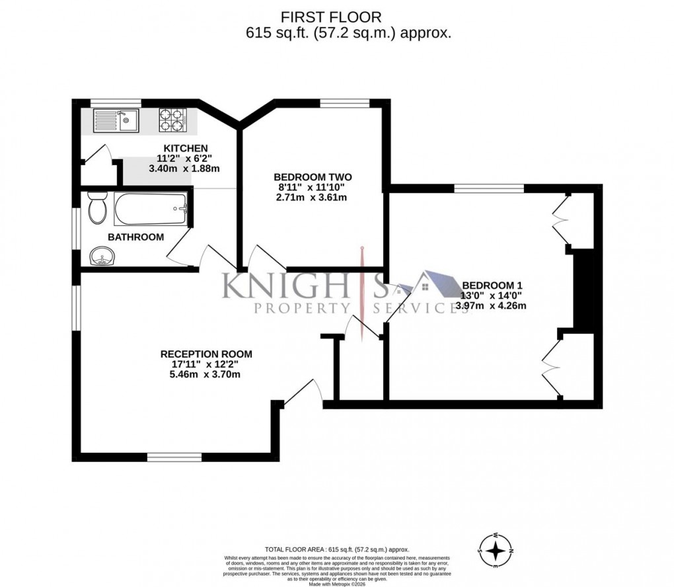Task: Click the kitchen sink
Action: [115, 120]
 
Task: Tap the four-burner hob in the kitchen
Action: [172, 120]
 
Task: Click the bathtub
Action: [151, 210]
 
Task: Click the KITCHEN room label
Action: [186, 147]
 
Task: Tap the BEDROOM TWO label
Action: [313, 177]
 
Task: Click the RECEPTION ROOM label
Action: [206, 354]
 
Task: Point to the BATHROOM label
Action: [135, 237]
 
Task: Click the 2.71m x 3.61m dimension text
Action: [312, 198]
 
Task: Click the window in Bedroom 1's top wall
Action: [488, 188]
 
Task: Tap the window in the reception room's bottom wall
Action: [174, 457]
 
